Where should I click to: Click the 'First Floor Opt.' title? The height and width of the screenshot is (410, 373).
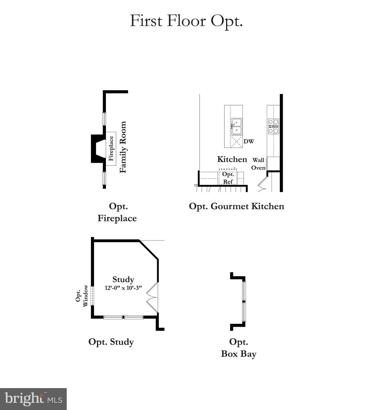(186, 21)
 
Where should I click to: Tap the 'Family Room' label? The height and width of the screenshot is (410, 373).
(123, 147)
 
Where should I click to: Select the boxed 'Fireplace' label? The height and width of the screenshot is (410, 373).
(111, 148)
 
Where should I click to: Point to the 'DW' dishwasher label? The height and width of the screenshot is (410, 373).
(249, 141)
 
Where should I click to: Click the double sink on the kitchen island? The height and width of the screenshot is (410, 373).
(236, 127)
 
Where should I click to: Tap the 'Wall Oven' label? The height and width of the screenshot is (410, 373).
(258, 164)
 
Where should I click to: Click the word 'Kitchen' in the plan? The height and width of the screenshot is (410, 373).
(232, 159)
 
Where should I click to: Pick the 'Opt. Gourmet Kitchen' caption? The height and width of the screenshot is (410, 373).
(236, 206)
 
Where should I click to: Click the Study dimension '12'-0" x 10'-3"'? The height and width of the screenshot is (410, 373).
(123, 288)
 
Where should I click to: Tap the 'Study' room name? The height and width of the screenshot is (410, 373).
(123, 279)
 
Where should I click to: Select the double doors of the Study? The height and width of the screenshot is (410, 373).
(152, 297)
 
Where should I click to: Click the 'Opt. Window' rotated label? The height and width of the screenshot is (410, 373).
(82, 296)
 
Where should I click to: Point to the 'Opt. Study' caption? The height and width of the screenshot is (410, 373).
(111, 342)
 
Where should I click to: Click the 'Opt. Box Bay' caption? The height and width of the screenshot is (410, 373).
(239, 348)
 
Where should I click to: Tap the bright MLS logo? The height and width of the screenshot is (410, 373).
(33, 399)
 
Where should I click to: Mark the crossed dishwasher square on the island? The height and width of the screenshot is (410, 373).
(236, 141)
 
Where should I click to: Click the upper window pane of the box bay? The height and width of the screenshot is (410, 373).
(244, 291)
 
